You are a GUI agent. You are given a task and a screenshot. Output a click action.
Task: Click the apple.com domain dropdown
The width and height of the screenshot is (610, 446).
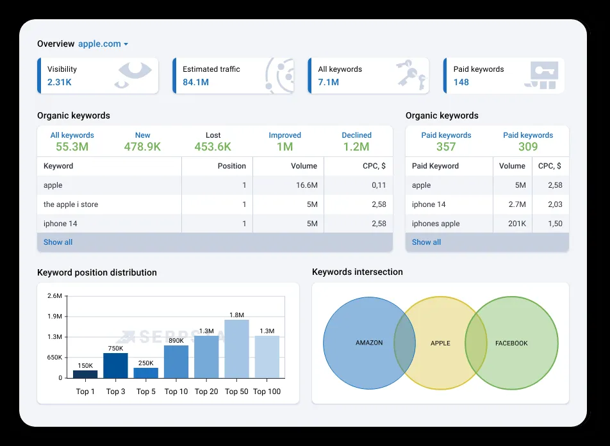click(103, 44)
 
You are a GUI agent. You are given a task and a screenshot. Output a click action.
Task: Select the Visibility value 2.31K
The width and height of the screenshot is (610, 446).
click(59, 82)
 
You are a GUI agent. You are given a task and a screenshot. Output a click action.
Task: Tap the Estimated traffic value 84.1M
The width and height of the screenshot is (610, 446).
click(195, 82)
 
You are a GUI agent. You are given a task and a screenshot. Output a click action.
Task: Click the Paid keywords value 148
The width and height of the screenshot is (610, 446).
click(461, 82)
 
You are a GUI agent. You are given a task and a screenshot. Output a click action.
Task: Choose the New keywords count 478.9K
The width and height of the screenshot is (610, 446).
click(142, 147)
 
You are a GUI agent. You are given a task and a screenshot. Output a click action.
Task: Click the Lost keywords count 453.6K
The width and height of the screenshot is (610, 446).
click(213, 147)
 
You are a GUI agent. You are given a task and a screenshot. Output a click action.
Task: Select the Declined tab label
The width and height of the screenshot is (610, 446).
click(356, 135)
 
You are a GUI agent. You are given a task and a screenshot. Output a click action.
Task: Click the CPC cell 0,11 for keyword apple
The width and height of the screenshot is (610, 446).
click(378, 185)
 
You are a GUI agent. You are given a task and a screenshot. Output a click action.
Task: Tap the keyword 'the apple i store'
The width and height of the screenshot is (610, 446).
click(70, 204)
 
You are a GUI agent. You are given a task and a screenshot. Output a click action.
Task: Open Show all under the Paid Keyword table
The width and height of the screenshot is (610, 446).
click(426, 242)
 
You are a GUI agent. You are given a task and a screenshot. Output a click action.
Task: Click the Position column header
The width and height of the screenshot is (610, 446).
click(231, 166)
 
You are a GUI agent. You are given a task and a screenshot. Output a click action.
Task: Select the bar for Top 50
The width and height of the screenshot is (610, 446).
click(236, 349)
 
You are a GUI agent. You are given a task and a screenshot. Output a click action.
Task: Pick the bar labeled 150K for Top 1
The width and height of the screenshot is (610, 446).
click(85, 374)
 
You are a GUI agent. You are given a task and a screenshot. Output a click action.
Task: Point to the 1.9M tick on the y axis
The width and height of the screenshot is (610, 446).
click(54, 317)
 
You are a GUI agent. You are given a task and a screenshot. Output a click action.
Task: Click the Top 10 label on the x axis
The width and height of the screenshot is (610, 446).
click(176, 392)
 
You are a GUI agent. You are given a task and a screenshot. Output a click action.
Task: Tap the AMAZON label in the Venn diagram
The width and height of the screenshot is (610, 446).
click(369, 343)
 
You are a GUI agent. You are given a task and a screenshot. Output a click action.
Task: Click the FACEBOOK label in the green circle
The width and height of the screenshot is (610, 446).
click(511, 343)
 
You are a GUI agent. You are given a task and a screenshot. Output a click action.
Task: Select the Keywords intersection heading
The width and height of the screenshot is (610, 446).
click(357, 272)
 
